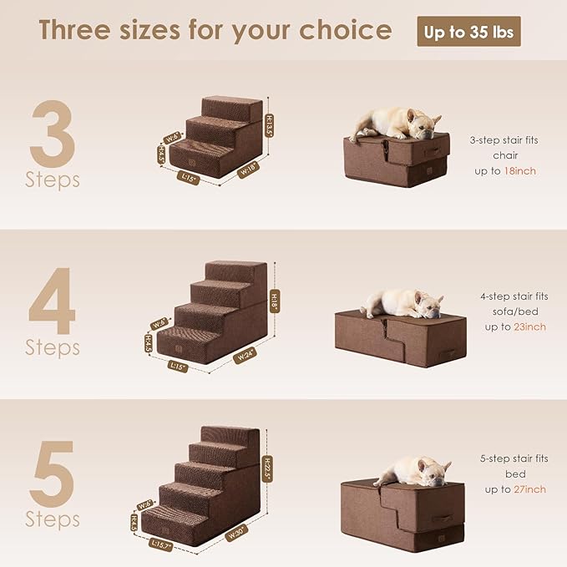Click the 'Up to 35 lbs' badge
(468, 32)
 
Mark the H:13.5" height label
(270, 125)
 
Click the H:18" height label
(274, 300)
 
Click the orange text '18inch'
(520, 170)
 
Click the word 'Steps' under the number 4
(52, 346)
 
